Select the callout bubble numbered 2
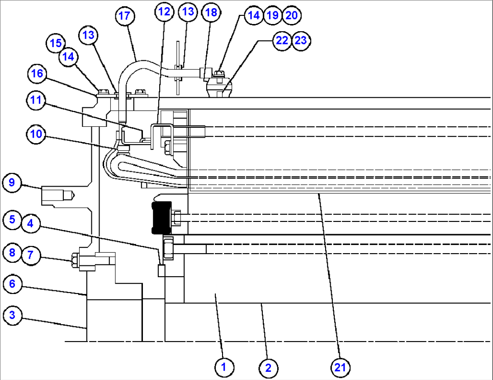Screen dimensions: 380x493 click(x=268, y=367)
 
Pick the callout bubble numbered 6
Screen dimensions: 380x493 click(x=12, y=284)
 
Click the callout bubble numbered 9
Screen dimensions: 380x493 click(x=12, y=183)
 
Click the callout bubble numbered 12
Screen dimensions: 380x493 click(x=164, y=12)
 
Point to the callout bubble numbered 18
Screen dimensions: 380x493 click(x=211, y=12)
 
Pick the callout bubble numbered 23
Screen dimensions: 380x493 click(x=301, y=40)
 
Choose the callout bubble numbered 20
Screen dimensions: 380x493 click(x=291, y=15)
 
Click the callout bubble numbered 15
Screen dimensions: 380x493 click(x=56, y=43)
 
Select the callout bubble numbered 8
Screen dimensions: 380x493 click(x=12, y=252)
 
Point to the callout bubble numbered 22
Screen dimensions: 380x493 click(x=282, y=40)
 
